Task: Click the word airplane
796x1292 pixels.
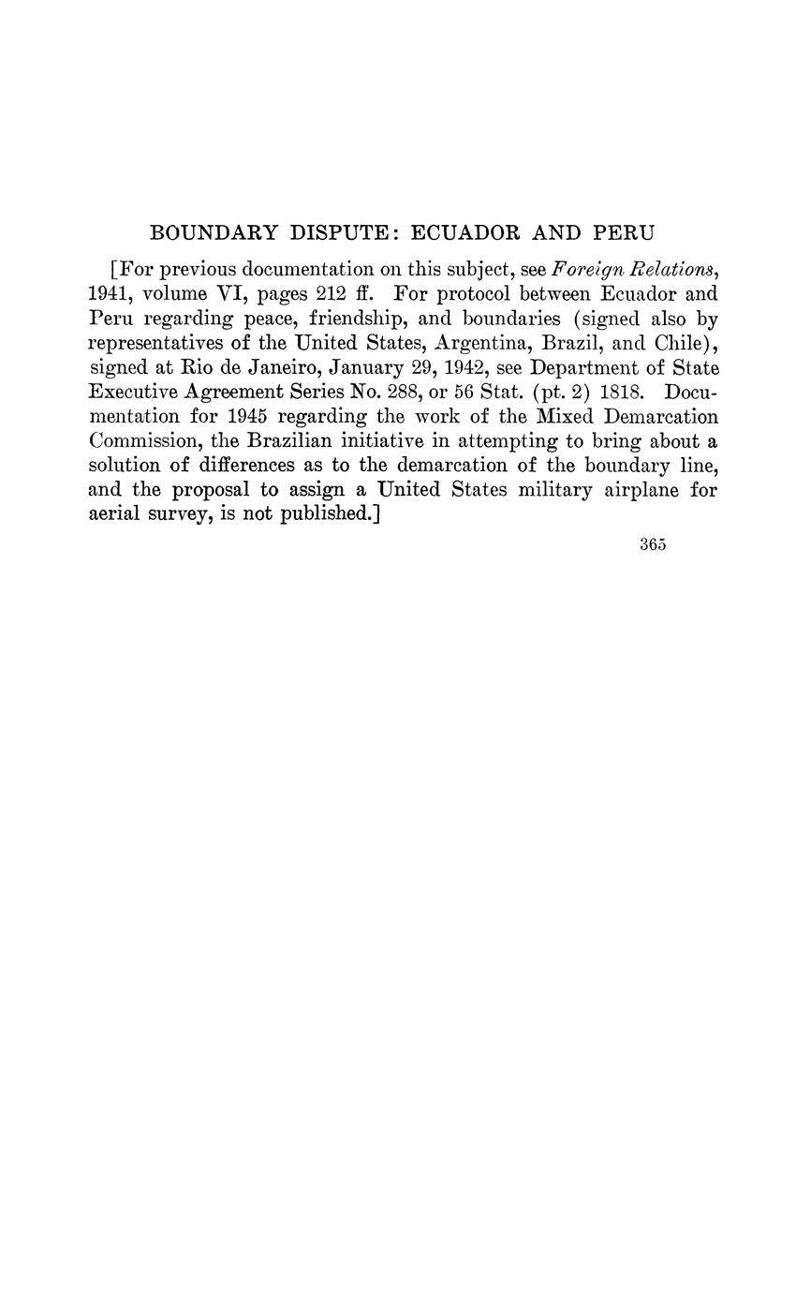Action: (639, 490)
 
